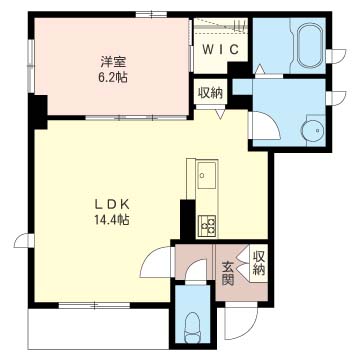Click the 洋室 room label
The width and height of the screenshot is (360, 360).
pyautogui.click(x=113, y=62)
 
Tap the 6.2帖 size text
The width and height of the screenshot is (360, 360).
pyautogui.click(x=113, y=78)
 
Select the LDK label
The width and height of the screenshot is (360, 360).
pyautogui.click(x=112, y=205)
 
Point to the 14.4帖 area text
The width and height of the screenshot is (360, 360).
pyautogui.click(x=113, y=220)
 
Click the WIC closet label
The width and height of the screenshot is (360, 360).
pyautogui.click(x=221, y=50)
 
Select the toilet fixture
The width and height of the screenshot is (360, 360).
pyautogui.click(x=193, y=327)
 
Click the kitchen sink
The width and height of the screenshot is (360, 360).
pyautogui.click(x=207, y=175)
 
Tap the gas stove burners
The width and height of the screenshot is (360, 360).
pyautogui.click(x=207, y=226)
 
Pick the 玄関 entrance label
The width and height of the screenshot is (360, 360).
pyautogui.click(x=228, y=274)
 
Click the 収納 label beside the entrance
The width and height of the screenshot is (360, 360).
pyautogui.click(x=259, y=263)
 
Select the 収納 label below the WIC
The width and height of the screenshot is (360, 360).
pyautogui.click(x=210, y=93)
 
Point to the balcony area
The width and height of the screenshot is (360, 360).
pyautogui.click(x=98, y=329)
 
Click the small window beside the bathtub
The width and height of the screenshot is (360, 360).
pyautogui.click(x=336, y=56)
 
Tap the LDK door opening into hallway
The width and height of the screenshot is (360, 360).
pyautogui.click(x=156, y=262)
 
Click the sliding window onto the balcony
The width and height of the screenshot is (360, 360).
pyautogui.click(x=94, y=305)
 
